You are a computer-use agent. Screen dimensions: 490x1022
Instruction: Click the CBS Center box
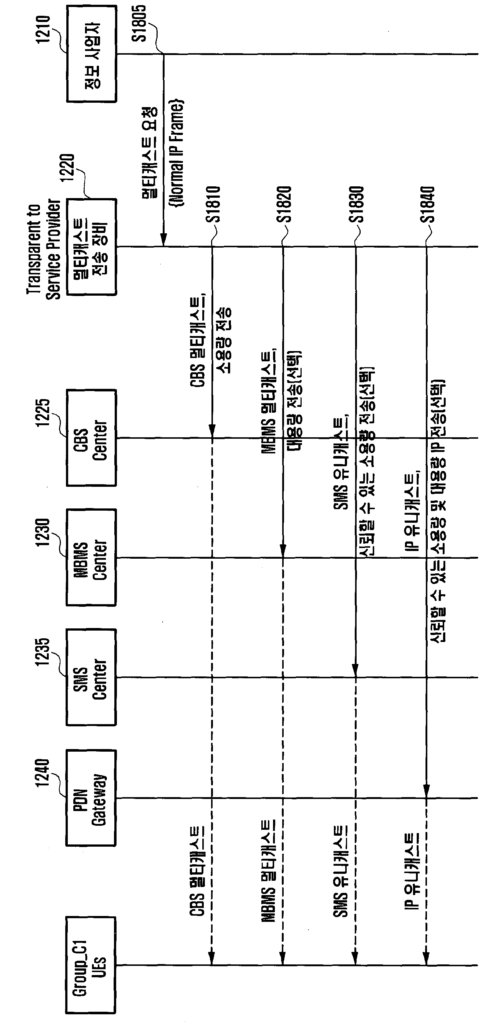tap(91, 438)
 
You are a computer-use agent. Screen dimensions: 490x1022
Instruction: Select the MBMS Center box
tap(91, 558)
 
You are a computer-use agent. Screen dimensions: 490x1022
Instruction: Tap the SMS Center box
tap(91, 677)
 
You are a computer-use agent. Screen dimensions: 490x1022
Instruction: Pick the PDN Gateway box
tap(91, 798)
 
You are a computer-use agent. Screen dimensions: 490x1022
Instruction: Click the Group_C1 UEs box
tap(91, 965)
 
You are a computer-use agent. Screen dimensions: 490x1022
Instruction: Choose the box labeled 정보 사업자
tap(91, 54)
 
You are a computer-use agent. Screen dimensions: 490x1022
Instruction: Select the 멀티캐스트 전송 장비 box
tap(91, 247)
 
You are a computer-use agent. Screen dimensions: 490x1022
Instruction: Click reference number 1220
tap(67, 168)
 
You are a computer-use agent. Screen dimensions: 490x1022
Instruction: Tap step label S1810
tap(213, 204)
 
